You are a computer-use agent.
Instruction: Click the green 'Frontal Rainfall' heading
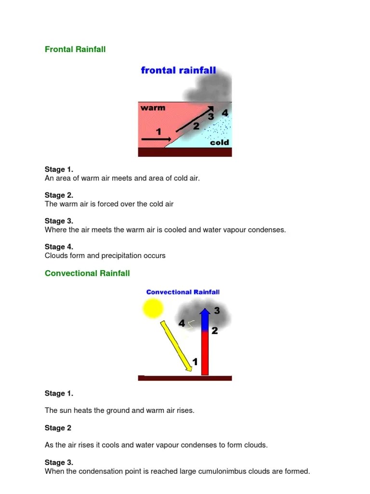(x=75, y=49)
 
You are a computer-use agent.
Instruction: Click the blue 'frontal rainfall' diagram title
(x=178, y=71)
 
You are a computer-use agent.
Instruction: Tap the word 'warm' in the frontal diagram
(x=153, y=108)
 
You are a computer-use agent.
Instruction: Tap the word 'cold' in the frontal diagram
(x=219, y=143)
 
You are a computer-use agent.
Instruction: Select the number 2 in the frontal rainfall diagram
(x=196, y=126)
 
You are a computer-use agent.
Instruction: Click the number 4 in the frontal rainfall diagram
(x=225, y=113)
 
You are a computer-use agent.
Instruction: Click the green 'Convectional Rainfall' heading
(x=87, y=273)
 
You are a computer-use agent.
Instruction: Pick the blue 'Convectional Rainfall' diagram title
(x=183, y=292)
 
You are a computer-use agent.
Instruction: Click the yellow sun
(x=153, y=308)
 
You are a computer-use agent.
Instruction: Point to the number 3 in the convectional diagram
(x=217, y=311)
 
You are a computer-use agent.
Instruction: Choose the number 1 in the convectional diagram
(x=195, y=361)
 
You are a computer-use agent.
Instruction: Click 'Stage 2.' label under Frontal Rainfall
(x=59, y=195)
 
